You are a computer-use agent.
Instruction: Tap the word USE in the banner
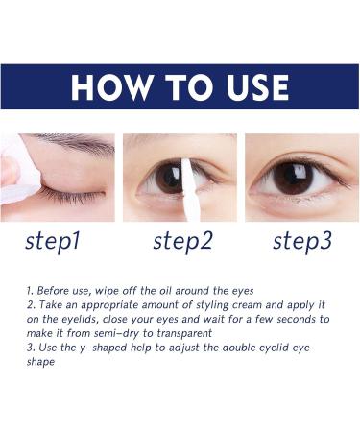point(246,87)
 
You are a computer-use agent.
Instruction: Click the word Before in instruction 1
point(54,289)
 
